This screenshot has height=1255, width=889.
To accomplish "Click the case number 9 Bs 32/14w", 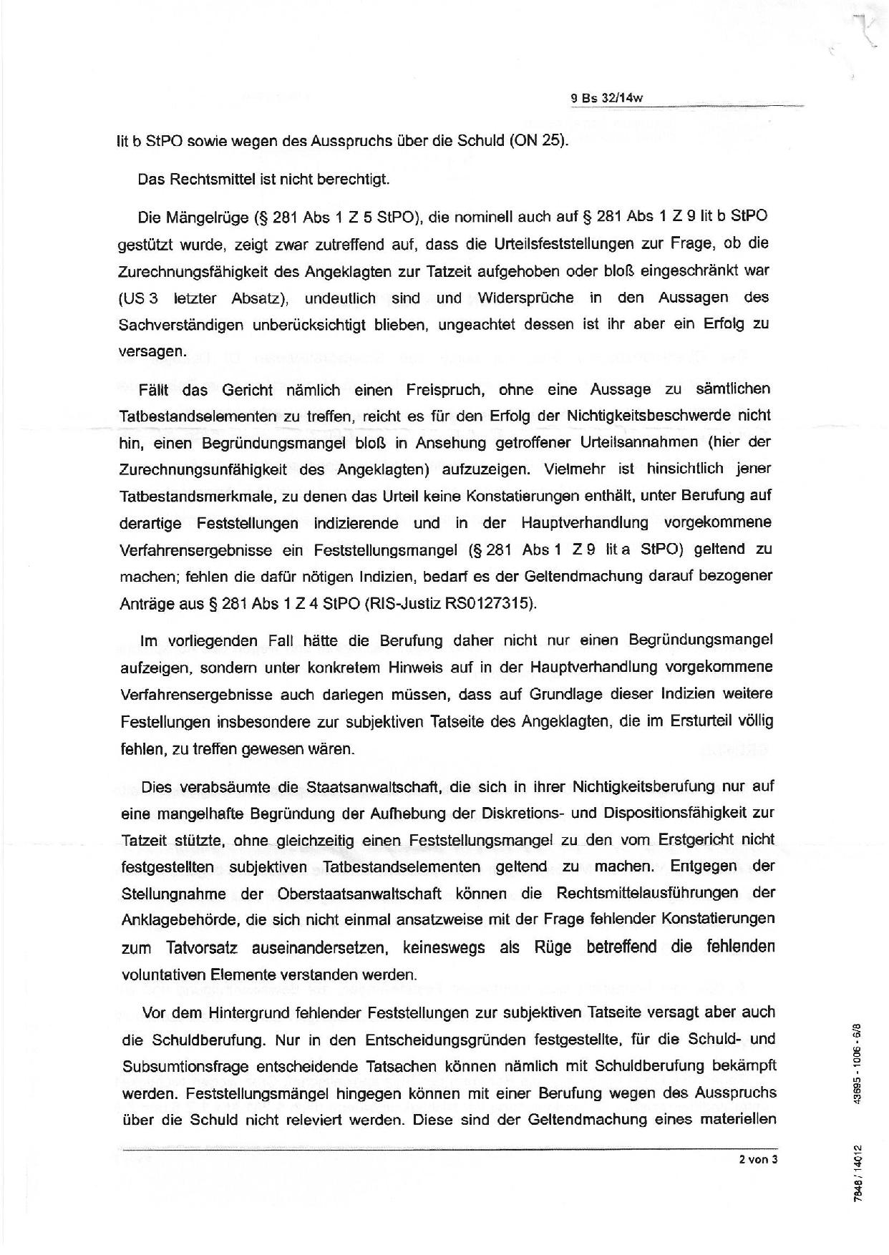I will pyautogui.click(x=607, y=99).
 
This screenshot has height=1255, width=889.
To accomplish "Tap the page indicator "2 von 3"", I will pyautogui.click(x=758, y=1160).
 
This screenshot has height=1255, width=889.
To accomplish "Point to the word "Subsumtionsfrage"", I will pyautogui.click(x=180, y=1066).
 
